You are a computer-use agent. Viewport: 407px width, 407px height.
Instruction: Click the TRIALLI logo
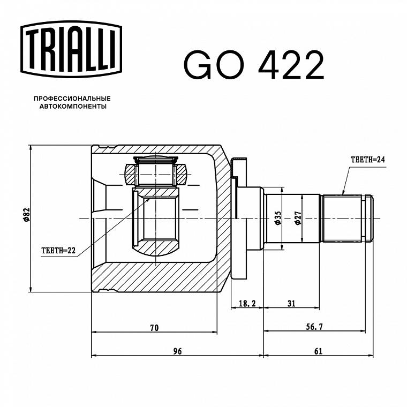pos(71,49)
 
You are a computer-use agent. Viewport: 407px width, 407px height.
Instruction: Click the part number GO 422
pos(254,65)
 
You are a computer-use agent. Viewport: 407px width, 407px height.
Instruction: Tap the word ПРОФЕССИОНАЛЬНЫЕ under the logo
pos(72,99)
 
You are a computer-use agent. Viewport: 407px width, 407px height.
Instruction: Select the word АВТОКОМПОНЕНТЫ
pos(73,107)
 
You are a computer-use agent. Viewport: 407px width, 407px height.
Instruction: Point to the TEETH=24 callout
pos(367,160)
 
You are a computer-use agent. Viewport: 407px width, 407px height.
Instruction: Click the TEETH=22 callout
pos(58,251)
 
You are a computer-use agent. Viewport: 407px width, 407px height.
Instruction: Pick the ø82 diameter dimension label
pos(26,215)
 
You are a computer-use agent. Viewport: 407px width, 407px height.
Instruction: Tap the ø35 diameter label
pos(277,218)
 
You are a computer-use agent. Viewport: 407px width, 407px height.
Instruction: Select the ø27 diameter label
pos(297,218)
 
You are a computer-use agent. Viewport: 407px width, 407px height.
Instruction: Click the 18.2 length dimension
pos(247,303)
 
